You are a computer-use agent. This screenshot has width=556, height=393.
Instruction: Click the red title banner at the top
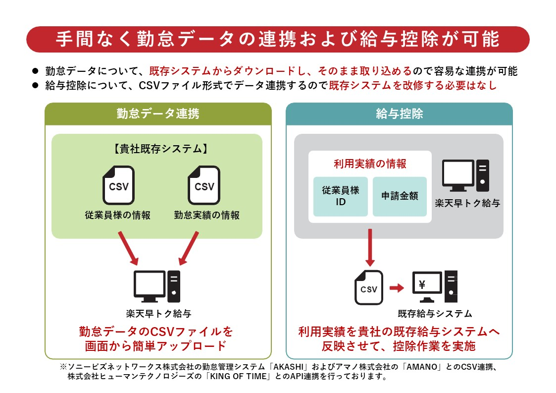[x=278, y=39]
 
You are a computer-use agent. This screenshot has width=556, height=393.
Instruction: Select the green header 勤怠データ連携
[x=158, y=113]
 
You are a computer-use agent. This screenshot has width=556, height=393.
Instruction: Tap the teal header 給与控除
[x=399, y=113]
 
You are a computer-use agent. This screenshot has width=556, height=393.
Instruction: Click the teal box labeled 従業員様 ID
[x=341, y=196]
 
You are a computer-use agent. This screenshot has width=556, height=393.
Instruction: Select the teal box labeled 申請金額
[x=400, y=196]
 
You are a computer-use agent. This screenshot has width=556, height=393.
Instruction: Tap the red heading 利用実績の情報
[x=370, y=164]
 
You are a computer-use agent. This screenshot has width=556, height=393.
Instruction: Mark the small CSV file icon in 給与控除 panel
[x=368, y=287]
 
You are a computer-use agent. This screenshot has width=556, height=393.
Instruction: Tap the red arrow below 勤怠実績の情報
[x=189, y=248]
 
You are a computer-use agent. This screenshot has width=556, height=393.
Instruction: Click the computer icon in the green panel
[x=157, y=286]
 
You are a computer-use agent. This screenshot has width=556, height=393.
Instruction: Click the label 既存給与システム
[x=435, y=314]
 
